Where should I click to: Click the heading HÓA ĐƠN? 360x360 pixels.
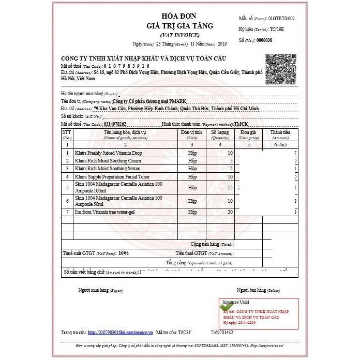pos(180,15)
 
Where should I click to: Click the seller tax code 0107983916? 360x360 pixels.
pos(127,66)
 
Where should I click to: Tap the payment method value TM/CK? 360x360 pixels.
pos(241,124)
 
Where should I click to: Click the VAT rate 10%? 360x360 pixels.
pos(124,253)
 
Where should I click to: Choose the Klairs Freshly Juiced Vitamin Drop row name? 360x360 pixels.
pos(109,153)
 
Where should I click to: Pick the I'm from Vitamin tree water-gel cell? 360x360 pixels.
pos(106,213)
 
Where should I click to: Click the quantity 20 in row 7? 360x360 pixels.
pos(230,213)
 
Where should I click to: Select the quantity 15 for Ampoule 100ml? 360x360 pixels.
pos(230,188)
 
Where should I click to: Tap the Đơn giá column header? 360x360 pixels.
pos(248,135)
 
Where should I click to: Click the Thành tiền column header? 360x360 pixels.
pos(280,135)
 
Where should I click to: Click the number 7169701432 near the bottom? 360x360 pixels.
pos(222,333)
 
